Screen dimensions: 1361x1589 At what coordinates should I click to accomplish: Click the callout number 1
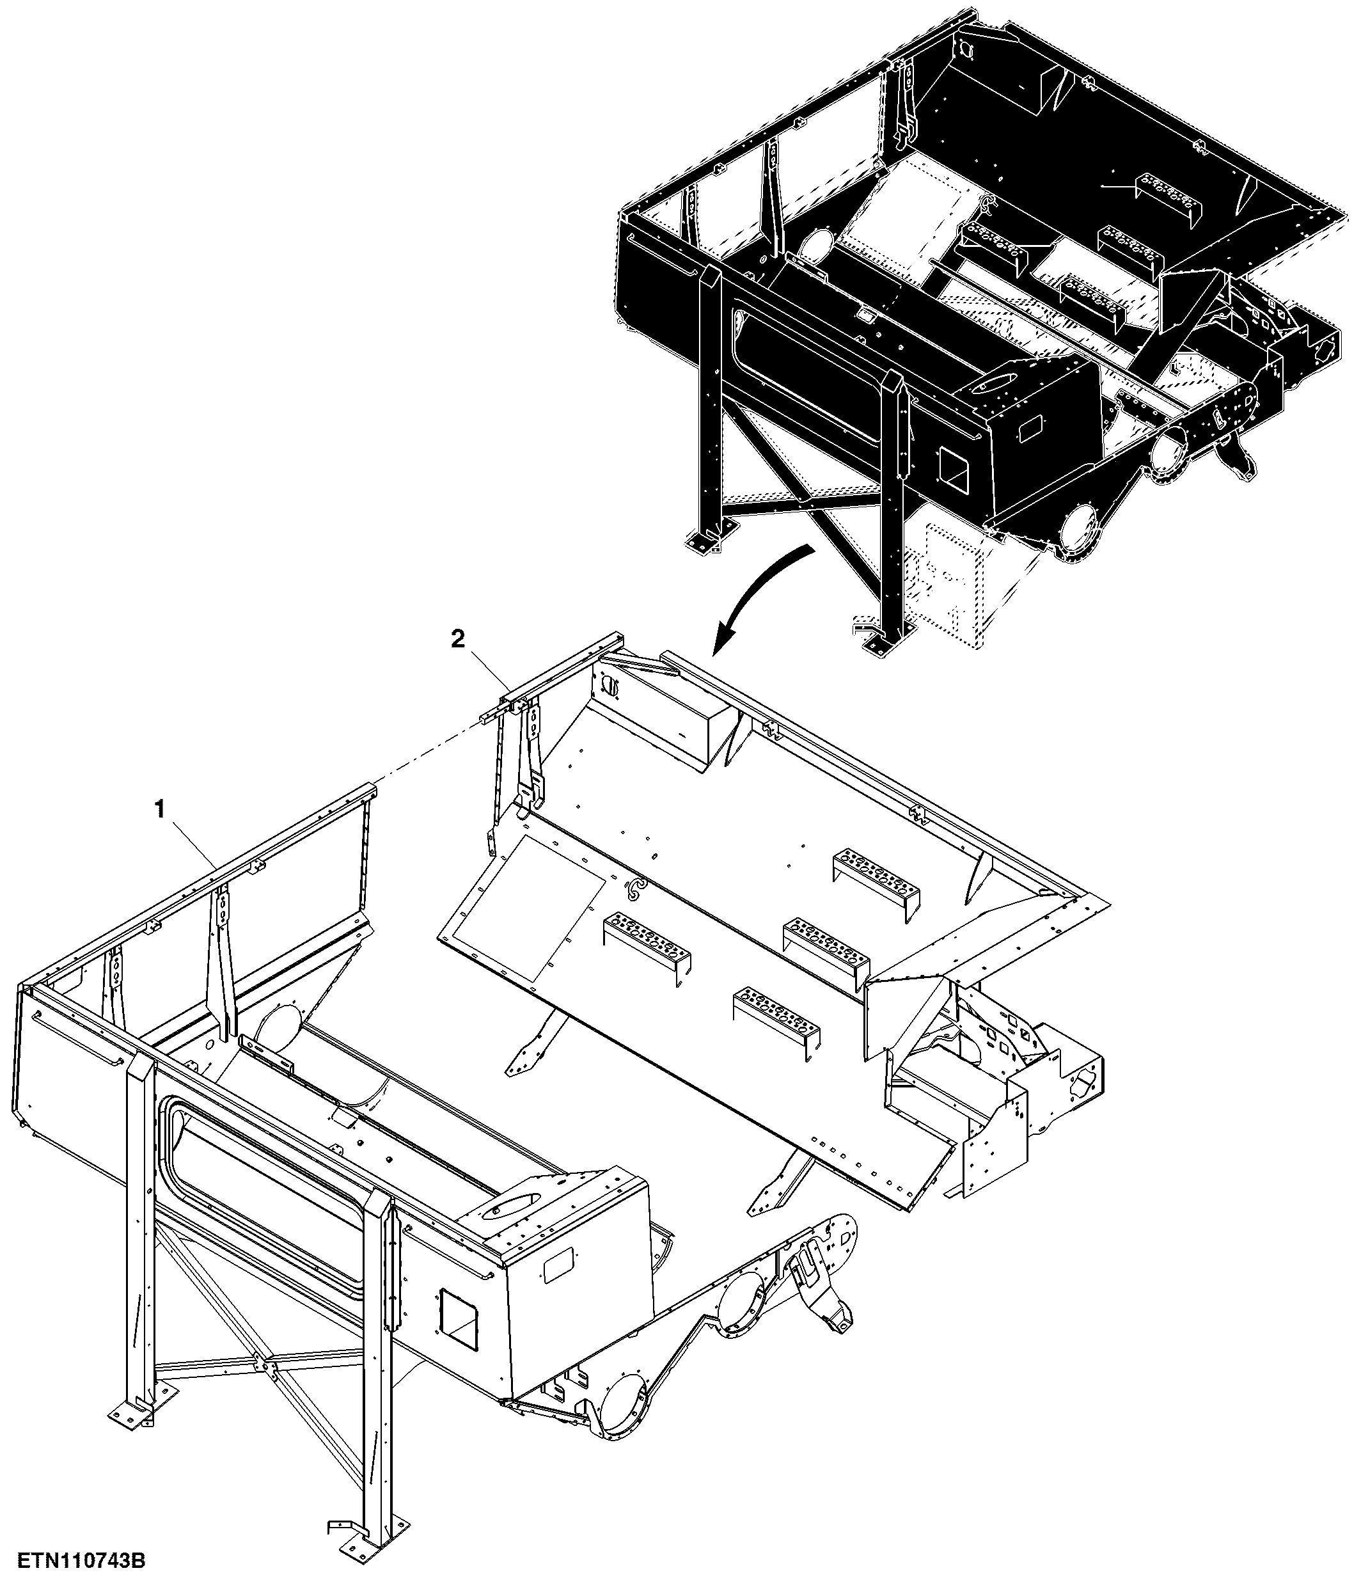(x=161, y=810)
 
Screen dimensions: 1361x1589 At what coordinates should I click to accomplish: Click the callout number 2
(x=458, y=640)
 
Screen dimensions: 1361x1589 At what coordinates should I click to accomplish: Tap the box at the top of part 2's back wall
(x=666, y=721)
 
